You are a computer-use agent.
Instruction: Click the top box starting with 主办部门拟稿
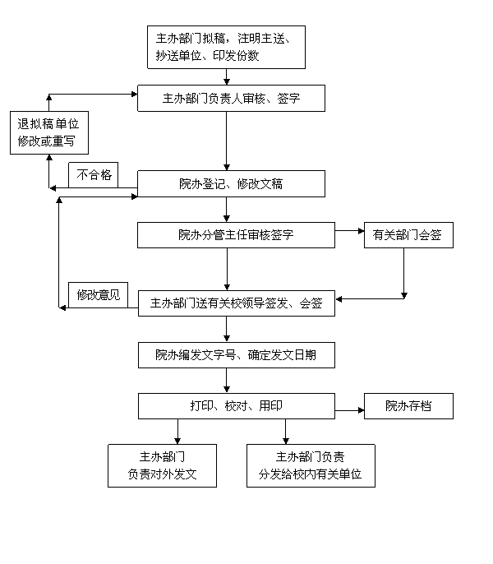point(226,47)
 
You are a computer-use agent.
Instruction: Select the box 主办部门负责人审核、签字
point(231,98)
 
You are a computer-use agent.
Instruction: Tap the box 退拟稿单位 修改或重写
point(49,132)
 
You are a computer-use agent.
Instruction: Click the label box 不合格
point(94,175)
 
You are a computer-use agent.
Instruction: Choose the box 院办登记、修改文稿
point(231,184)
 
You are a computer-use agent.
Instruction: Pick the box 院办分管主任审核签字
point(237,235)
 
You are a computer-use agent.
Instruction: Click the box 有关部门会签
point(408,235)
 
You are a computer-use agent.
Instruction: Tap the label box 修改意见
point(98,295)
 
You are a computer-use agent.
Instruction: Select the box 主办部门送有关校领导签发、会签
point(237,303)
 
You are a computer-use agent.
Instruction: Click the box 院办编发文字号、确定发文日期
point(237,355)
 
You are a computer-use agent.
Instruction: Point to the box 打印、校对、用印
point(237,406)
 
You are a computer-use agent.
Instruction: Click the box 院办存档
point(408,406)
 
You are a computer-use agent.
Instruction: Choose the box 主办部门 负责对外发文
point(162,466)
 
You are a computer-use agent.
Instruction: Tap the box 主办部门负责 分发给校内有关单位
point(311,466)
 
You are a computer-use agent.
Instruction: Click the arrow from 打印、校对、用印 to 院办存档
point(349,410)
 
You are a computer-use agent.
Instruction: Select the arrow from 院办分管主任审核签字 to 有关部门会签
point(349,231)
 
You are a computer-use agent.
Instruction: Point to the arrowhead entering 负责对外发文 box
point(177,441)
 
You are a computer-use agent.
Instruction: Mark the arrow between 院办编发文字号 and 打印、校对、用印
point(227,381)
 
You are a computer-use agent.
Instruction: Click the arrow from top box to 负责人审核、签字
point(227,76)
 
